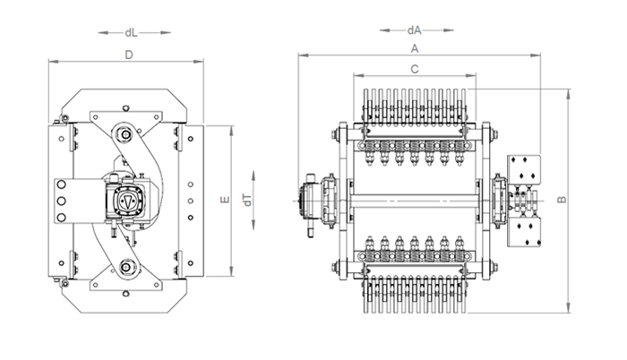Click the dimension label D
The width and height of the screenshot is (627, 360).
coord(129,55)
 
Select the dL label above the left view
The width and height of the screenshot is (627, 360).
coord(131,32)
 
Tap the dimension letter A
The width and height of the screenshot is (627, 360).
coord(415,48)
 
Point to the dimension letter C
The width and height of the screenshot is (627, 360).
coord(415,69)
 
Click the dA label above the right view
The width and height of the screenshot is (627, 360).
coord(415,30)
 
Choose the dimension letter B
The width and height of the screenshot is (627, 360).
coord(562,199)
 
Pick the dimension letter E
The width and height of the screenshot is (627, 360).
coord(225,199)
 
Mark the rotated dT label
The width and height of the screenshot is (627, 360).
coord(248,200)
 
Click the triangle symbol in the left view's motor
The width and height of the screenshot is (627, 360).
coord(127,201)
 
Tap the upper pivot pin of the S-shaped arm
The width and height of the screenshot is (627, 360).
coord(125,135)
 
